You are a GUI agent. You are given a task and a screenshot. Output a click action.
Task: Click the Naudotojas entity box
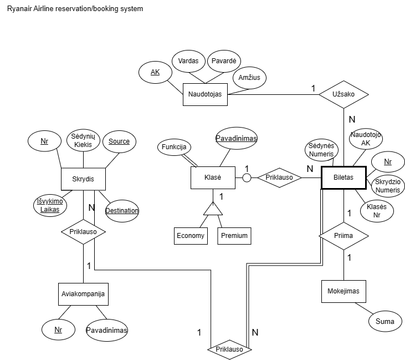point(205,94)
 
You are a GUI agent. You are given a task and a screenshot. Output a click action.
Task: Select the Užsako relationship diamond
point(344,94)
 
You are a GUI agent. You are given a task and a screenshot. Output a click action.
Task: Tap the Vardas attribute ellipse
point(188,61)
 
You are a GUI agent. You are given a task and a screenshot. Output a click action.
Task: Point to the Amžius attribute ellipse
point(250,78)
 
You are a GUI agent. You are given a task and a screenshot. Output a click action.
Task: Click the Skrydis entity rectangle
point(83,179)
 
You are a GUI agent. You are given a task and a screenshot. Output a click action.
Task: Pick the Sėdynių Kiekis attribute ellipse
point(84,141)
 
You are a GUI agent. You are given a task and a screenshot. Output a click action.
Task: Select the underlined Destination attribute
point(122,210)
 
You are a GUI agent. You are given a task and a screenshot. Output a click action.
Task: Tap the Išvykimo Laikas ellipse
point(49,205)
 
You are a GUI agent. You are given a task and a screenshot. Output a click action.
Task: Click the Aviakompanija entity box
point(83,294)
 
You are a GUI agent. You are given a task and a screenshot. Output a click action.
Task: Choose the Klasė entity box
point(213,178)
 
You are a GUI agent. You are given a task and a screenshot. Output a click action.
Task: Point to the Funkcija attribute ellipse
point(174,147)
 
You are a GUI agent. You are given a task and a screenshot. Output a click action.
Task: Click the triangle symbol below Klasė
point(213,209)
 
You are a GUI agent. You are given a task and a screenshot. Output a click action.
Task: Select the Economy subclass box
point(191,235)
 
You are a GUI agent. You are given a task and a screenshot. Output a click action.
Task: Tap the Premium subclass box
point(234,235)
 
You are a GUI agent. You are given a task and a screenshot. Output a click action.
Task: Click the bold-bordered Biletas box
point(344,178)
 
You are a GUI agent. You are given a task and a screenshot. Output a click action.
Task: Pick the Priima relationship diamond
point(344,236)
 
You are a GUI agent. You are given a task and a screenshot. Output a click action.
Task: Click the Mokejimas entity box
point(344,291)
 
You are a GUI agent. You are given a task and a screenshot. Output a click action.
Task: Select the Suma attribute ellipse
point(385,321)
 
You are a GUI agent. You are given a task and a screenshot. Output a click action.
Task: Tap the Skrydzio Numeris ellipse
point(387,186)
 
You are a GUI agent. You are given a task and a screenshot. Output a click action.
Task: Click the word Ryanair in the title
point(18,9)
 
